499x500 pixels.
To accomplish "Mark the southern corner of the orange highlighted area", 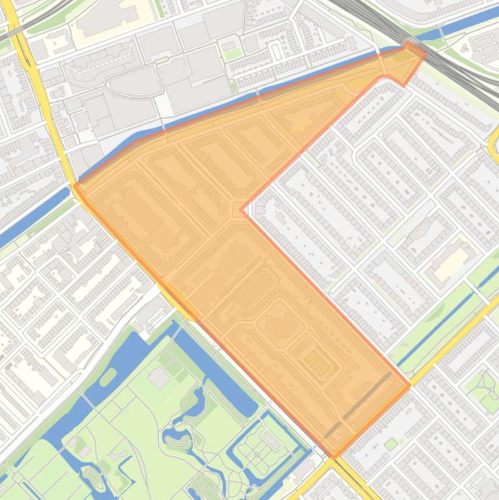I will click(x=334, y=456).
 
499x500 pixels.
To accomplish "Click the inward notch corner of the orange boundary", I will click(x=242, y=210).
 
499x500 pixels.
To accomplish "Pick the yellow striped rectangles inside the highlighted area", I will click(x=317, y=363).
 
